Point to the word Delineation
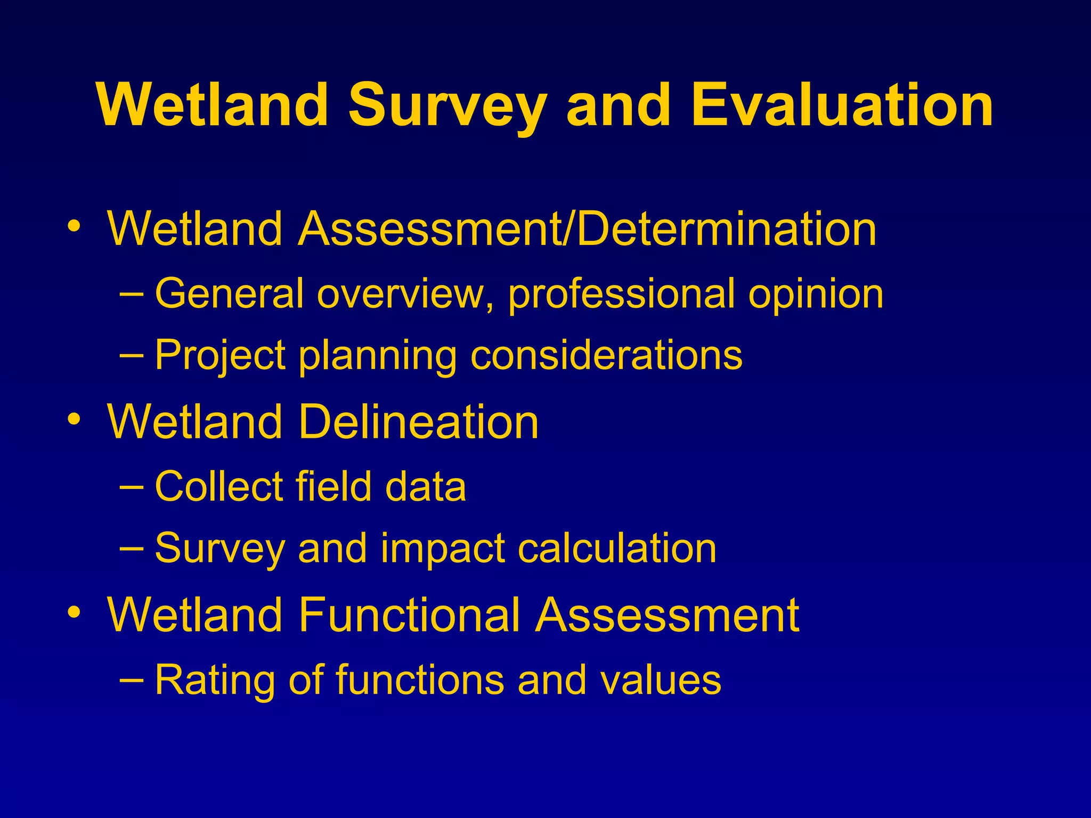pos(419,422)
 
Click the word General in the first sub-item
pos(229,293)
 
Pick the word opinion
pos(816,295)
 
